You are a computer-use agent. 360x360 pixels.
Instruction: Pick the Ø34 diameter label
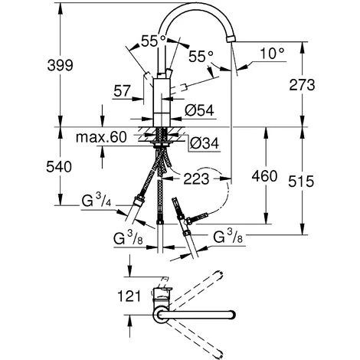(201, 142)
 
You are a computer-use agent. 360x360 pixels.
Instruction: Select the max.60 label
(103, 138)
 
